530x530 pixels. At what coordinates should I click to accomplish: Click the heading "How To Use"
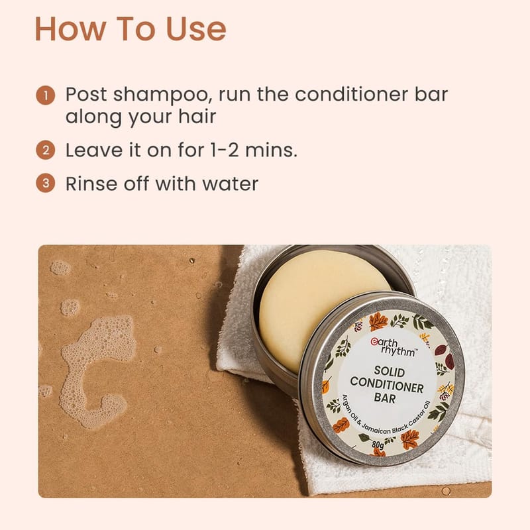(131, 29)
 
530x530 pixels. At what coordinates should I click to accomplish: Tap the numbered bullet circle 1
(46, 95)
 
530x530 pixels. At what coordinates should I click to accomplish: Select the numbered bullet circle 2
(46, 150)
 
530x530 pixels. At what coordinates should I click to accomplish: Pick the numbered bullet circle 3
(46, 184)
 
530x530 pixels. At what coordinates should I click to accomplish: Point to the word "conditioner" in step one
(352, 94)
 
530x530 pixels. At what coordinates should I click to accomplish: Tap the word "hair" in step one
(197, 117)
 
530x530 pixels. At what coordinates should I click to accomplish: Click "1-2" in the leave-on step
(224, 150)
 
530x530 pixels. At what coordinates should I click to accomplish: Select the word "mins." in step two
(272, 150)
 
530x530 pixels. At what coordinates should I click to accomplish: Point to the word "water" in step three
(230, 184)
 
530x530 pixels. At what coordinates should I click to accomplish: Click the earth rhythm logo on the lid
(393, 346)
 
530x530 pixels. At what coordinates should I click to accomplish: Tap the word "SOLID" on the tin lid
(390, 372)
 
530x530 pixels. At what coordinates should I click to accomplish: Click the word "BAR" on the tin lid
(385, 398)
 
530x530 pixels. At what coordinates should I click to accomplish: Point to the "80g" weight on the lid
(378, 445)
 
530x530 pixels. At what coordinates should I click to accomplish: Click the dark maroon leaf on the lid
(442, 350)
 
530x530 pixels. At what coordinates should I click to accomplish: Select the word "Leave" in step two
(93, 150)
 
